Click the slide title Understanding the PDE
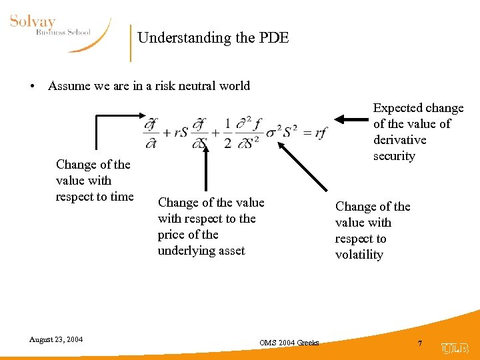click(x=213, y=37)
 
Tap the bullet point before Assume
click(x=31, y=86)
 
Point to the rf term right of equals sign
click(x=321, y=132)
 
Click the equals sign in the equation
click(x=306, y=132)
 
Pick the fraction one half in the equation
click(x=227, y=133)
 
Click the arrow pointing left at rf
click(x=349, y=119)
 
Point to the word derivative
click(x=399, y=140)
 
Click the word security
click(x=394, y=156)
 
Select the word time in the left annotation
click(x=121, y=196)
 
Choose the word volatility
click(x=359, y=255)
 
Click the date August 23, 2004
click(x=56, y=339)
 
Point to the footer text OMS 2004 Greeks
click(x=289, y=343)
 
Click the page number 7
click(x=420, y=343)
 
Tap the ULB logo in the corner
click(x=455, y=347)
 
